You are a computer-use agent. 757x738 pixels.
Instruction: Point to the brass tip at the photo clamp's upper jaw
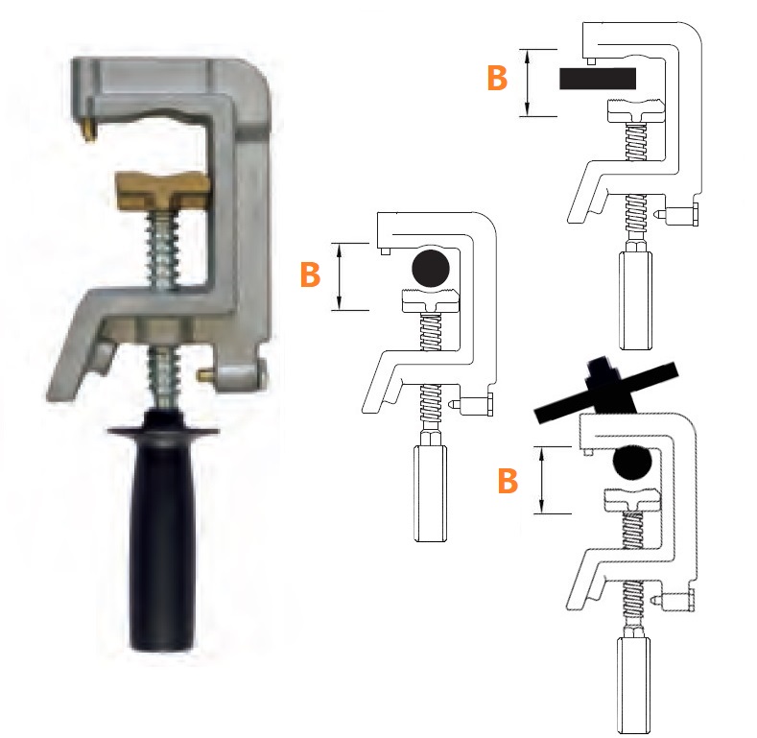pos(89,130)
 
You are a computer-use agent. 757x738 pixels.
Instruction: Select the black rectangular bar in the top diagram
pos(598,79)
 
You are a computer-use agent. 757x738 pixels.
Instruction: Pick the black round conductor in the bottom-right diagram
pos(632,463)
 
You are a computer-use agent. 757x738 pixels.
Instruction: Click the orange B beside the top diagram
pos(497,78)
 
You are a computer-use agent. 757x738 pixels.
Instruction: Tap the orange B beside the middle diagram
pos(310,274)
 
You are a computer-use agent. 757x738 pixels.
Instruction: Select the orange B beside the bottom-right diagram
pos(508,481)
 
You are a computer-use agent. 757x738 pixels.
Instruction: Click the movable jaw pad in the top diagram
pos(634,110)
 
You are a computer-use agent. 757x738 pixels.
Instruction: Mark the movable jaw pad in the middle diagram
pos(429,300)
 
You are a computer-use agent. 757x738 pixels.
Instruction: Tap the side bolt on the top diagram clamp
pos(676,214)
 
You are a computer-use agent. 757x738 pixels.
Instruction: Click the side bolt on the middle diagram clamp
pos(472,404)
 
